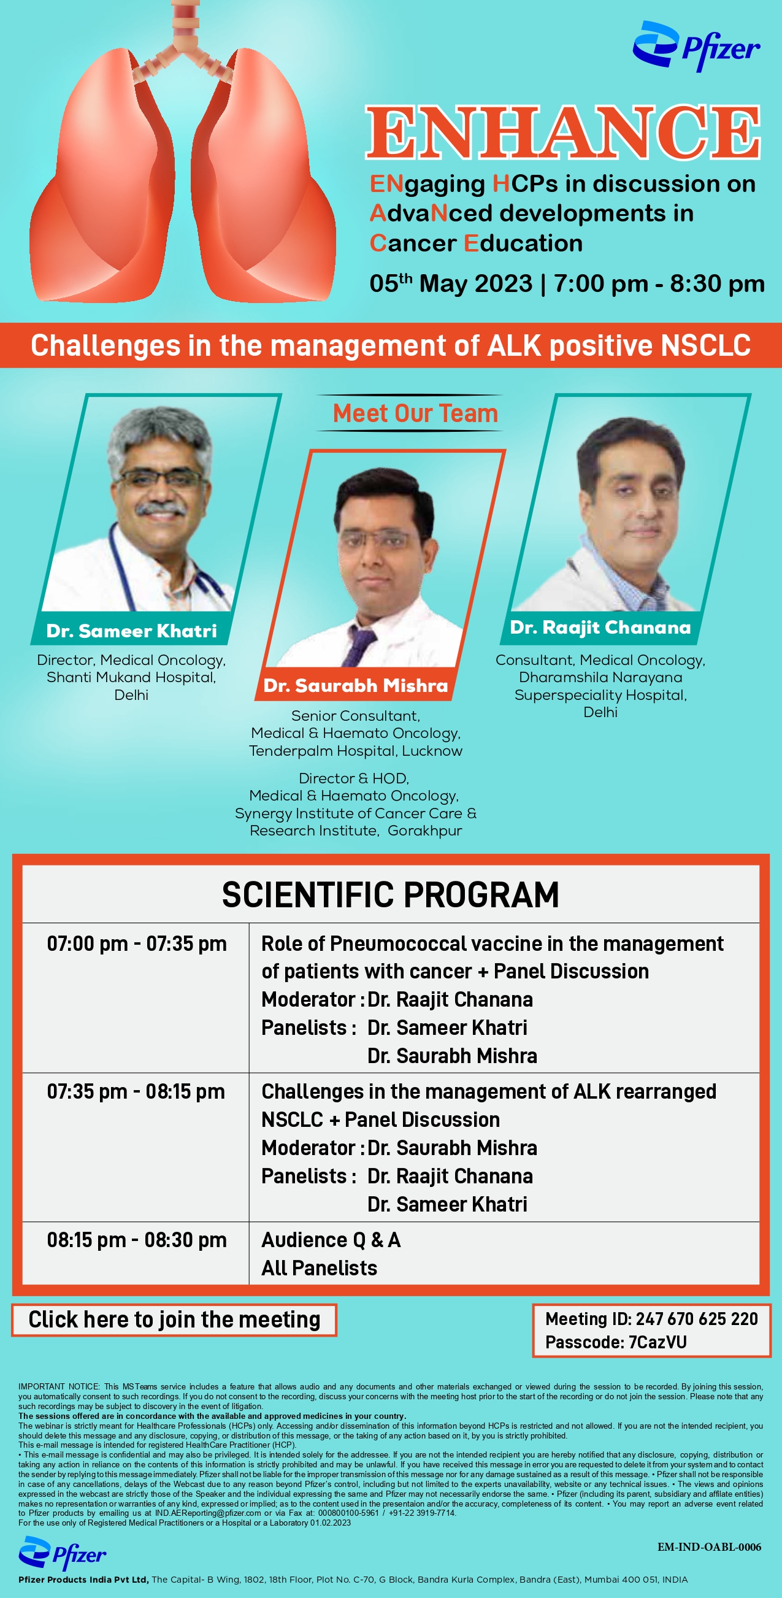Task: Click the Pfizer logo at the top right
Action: coord(696,46)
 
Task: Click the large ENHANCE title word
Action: coord(563,132)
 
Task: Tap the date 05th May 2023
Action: coord(451,283)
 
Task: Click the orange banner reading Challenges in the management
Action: coord(391,345)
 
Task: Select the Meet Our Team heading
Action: coord(415,413)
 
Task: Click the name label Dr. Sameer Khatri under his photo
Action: coord(131,631)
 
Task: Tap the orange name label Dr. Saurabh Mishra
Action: coord(355,685)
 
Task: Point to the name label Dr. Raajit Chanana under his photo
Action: coord(600,627)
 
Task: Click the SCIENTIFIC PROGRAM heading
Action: coord(391,894)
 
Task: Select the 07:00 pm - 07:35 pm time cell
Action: coord(137,943)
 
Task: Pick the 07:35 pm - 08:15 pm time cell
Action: coord(136,1092)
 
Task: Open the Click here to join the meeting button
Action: coord(174,1320)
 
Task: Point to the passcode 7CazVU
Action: coord(657,1342)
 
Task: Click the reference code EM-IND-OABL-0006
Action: coord(710,1547)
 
